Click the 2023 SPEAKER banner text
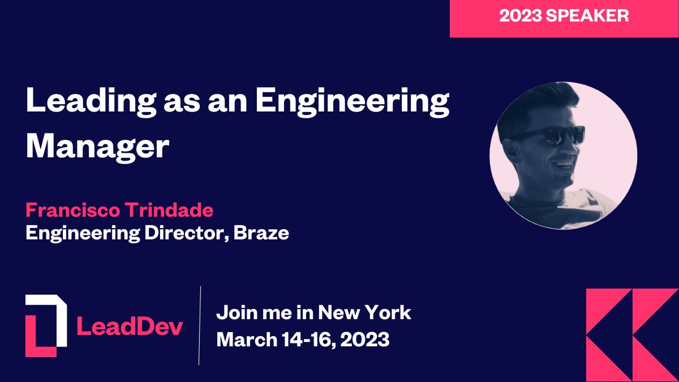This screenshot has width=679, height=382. [564, 16]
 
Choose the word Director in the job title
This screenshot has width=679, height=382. [181, 233]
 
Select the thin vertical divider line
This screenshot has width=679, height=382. [200, 325]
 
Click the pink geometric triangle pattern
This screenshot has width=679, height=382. [631, 334]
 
